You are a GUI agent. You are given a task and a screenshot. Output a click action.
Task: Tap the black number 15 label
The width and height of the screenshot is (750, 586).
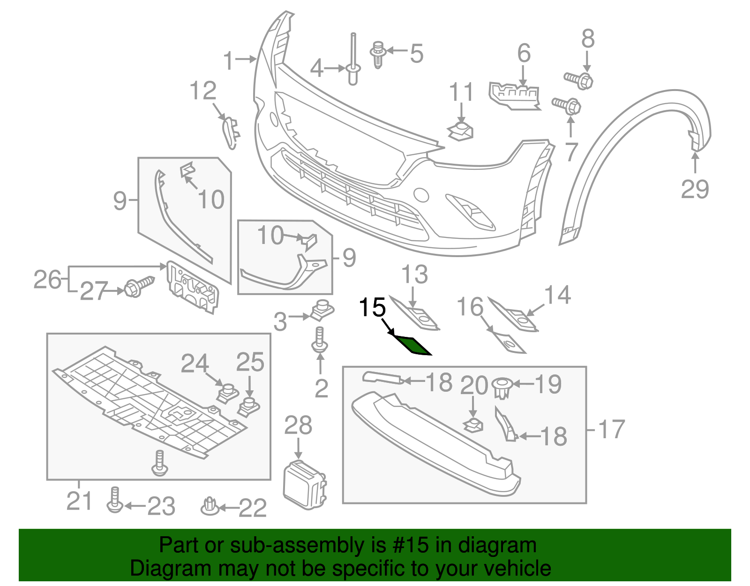pos(372,308)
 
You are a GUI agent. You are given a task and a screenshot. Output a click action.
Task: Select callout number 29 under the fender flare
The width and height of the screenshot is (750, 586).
pos(695,189)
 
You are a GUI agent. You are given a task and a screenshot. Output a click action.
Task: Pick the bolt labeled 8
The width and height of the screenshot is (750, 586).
pos(514,96)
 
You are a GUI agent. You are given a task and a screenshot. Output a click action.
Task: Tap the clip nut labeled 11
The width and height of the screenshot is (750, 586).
pos(461,131)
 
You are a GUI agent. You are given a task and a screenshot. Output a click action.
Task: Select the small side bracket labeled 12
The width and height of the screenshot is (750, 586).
pos(230,133)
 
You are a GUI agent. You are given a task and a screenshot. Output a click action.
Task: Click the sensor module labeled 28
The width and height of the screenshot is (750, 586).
pos(304,484)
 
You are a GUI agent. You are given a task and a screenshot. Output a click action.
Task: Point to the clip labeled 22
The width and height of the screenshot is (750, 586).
pos(209,506)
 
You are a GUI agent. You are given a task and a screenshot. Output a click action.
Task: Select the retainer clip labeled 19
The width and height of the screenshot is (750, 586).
pos(502,388)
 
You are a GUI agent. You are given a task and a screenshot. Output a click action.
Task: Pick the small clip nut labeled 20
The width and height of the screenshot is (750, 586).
pos(473,426)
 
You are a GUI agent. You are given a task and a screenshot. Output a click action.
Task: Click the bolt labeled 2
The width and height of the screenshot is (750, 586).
pos(319,341)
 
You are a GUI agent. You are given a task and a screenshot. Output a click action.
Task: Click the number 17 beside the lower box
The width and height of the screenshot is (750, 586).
pos(612,429)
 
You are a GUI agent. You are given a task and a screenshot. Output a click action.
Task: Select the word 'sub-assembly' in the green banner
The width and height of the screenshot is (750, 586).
pos(298,546)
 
